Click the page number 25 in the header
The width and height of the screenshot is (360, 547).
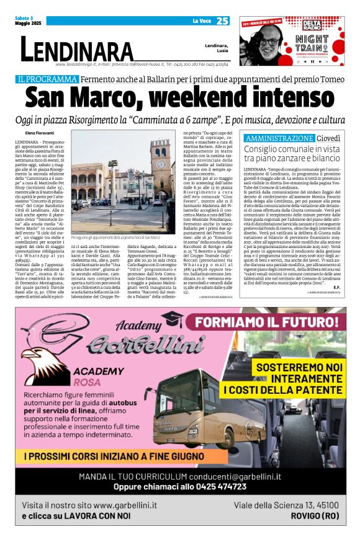(x=222, y=20)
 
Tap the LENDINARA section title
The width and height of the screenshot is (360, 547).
(x=77, y=50)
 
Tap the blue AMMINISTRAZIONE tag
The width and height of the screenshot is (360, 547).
(x=279, y=138)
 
